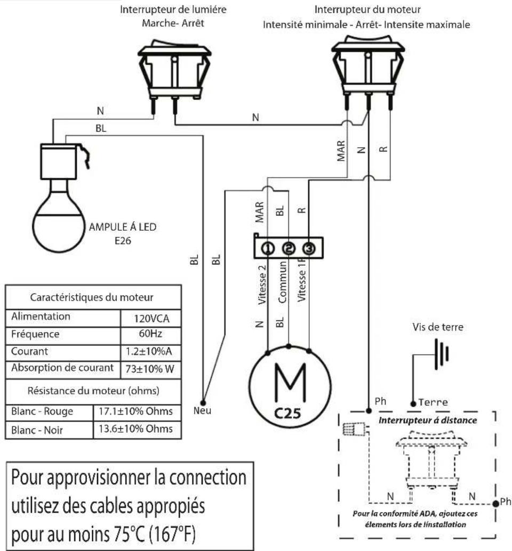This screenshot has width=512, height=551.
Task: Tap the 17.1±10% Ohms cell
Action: pyautogui.click(x=140, y=411)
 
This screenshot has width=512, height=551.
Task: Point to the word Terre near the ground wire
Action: pyautogui.click(x=434, y=402)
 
